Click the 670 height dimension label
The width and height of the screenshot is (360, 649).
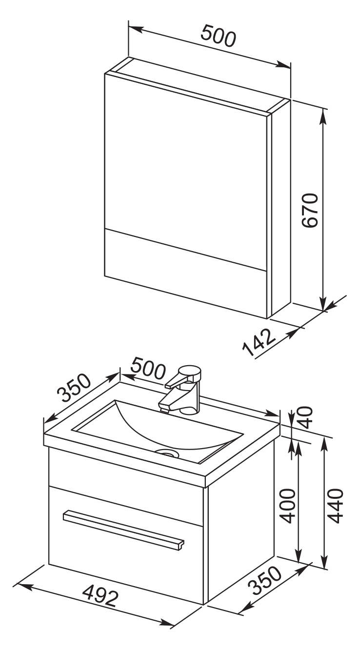(x=310, y=210)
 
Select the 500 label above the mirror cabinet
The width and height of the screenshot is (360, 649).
(x=219, y=36)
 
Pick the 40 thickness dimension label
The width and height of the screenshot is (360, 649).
(x=306, y=418)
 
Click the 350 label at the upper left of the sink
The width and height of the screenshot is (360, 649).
(x=74, y=388)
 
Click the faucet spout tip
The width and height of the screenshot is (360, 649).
(x=164, y=409)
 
